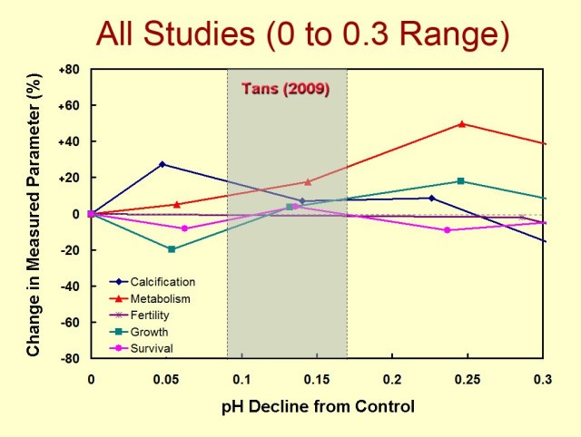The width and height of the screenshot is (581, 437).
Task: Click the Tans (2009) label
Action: point(285,90)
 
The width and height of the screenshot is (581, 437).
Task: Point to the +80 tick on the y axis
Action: point(70,69)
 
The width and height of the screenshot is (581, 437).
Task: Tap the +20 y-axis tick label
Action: point(70,178)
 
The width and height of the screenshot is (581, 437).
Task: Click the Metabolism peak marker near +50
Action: point(462,124)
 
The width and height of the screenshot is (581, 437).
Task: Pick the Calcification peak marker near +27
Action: point(162,164)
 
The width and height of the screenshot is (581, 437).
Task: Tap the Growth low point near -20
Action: point(171,248)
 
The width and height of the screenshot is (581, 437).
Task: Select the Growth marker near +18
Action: point(461,181)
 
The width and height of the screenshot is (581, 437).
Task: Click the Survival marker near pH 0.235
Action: point(447,230)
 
